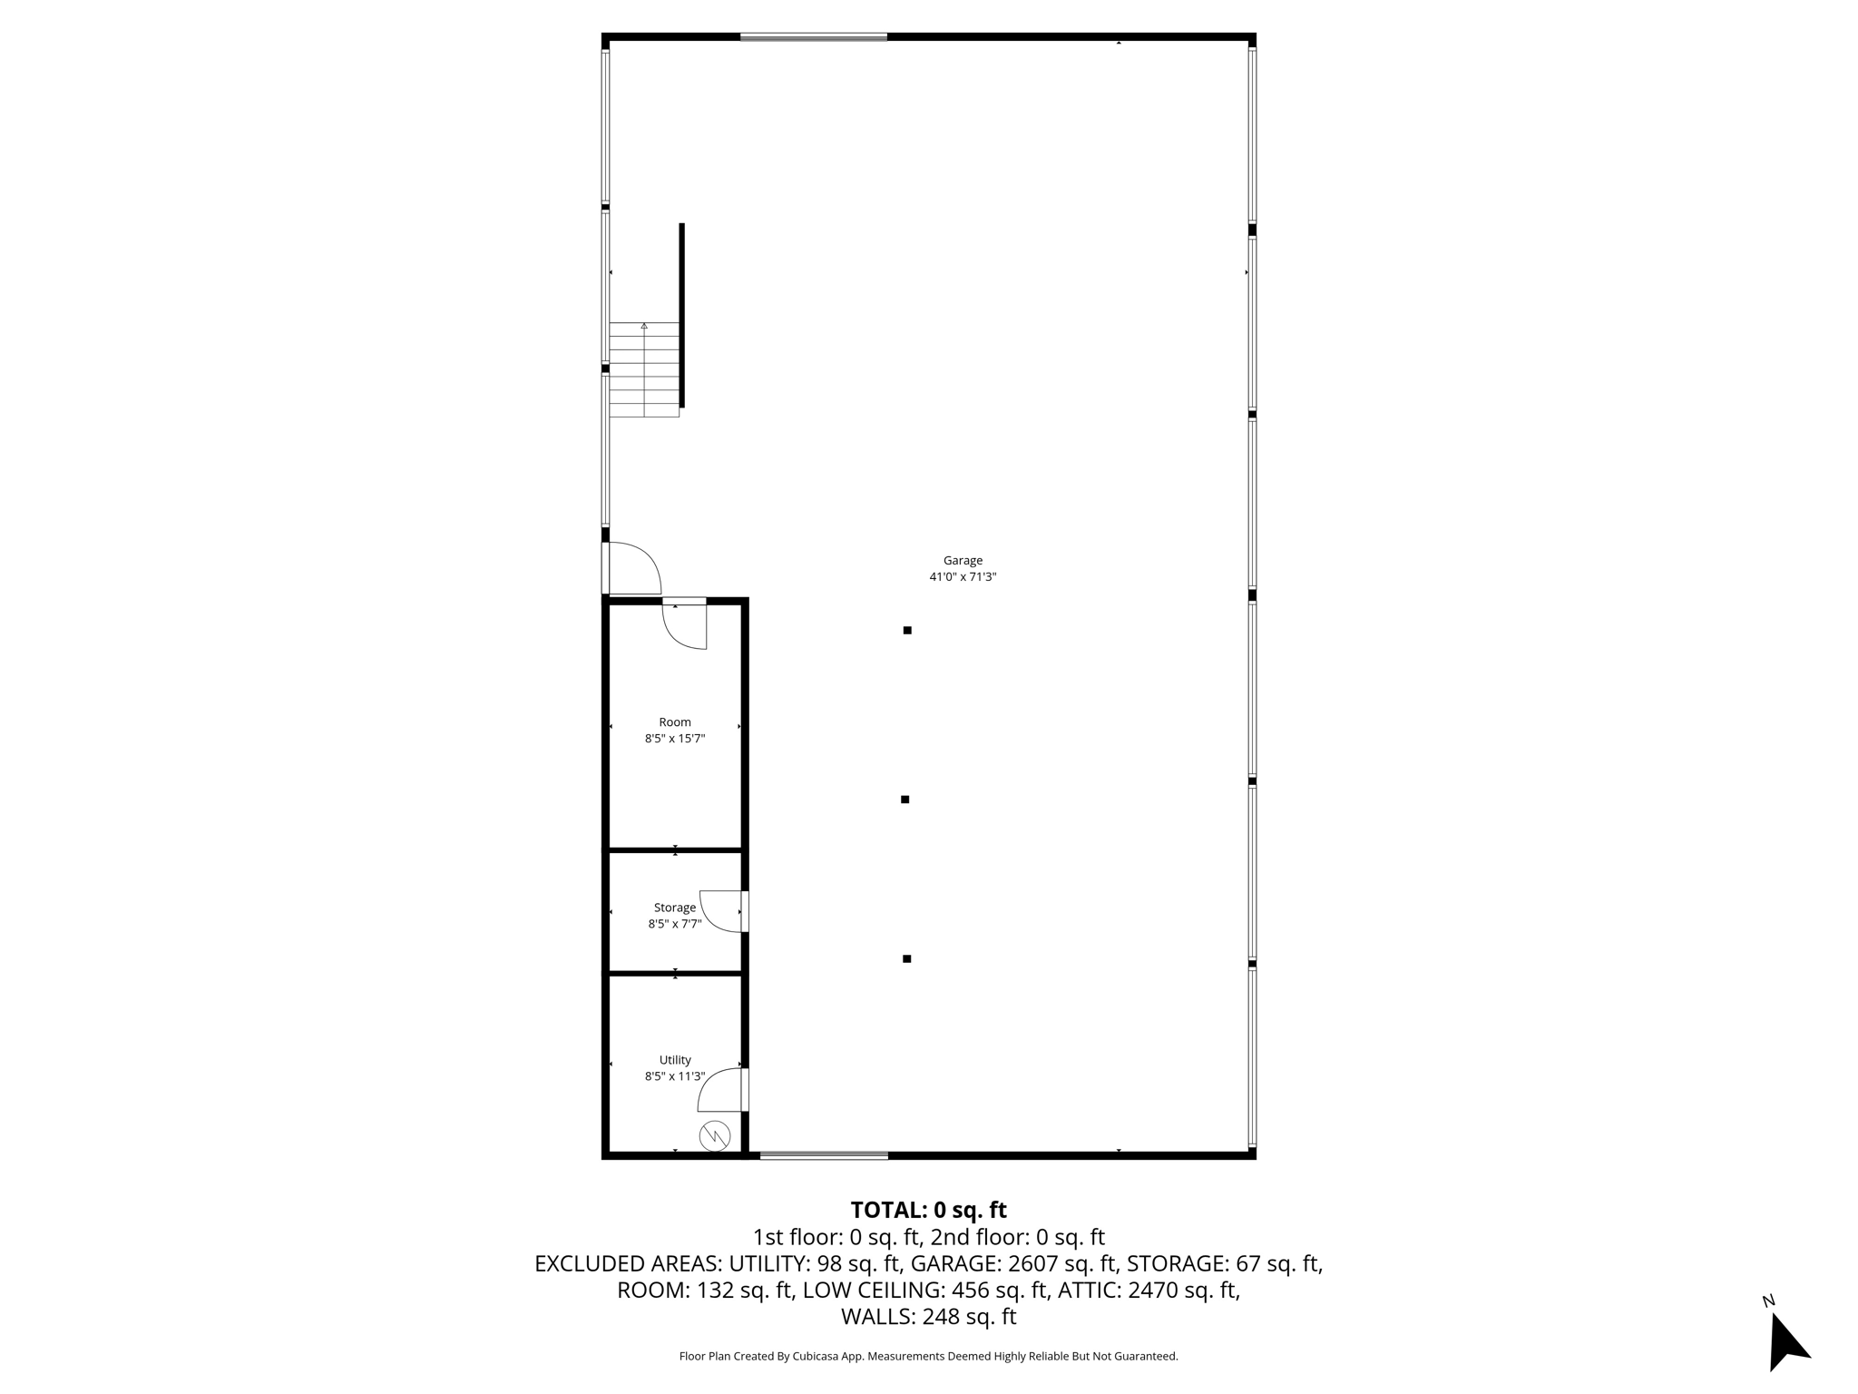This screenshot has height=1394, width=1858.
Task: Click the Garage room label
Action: click(963, 561)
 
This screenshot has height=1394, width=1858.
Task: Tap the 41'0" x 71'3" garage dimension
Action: click(963, 577)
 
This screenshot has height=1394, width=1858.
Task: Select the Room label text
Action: click(675, 722)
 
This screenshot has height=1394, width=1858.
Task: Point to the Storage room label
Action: click(675, 908)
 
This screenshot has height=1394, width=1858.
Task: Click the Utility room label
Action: click(675, 1060)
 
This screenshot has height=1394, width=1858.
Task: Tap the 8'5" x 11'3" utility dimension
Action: click(675, 1076)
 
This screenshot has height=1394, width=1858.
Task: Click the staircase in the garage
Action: click(644, 369)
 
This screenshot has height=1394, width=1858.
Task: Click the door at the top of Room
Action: click(685, 624)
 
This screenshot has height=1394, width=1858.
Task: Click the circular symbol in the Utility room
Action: click(715, 1135)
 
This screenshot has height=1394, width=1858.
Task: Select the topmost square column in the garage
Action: click(907, 630)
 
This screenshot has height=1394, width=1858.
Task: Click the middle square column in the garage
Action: click(905, 800)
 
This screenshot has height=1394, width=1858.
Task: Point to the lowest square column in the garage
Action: click(906, 958)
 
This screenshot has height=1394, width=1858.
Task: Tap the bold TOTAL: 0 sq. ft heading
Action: click(928, 1210)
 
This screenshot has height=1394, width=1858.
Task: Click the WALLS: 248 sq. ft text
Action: click(928, 1316)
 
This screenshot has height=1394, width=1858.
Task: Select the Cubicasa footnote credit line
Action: click(928, 1356)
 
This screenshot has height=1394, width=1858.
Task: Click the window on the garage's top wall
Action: click(813, 37)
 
